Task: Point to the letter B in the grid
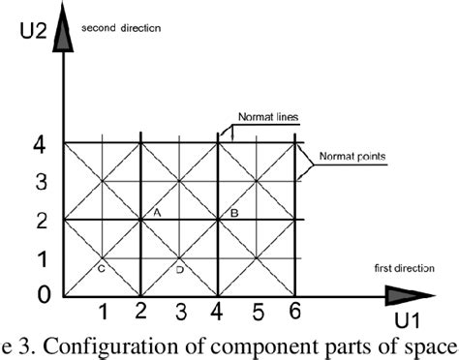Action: click(232, 211)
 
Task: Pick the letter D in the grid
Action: click(179, 270)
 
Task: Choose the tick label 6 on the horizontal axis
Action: click(295, 312)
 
